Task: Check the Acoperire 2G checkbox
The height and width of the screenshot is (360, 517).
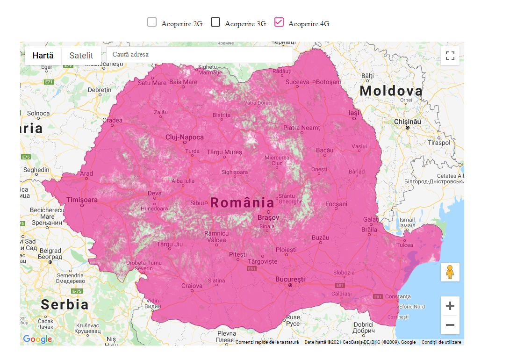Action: (152, 22)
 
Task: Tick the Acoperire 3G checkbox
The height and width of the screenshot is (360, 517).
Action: (215, 22)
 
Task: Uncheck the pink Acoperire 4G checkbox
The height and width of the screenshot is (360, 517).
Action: (279, 22)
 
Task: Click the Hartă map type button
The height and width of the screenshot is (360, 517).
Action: (43, 55)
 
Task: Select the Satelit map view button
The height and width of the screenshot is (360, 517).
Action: (81, 55)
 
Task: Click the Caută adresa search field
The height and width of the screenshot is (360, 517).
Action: (200, 55)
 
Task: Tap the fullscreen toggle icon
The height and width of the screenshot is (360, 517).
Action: (450, 56)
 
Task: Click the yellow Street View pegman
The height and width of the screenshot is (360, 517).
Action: (450, 272)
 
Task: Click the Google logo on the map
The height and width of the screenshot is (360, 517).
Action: (37, 339)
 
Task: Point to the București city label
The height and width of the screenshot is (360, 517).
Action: (290, 279)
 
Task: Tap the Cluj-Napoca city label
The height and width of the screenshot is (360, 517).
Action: (185, 137)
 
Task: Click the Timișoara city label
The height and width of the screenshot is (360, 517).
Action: (82, 200)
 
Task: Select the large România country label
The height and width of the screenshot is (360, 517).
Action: (242, 202)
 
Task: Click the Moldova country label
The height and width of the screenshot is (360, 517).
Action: (391, 91)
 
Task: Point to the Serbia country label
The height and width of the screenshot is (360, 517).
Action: (65, 304)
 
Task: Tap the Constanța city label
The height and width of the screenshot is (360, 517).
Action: (398, 296)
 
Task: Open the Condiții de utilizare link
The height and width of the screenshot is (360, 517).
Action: (441, 342)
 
